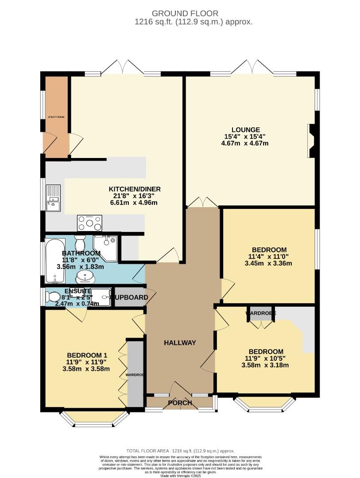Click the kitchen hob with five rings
pos(89,223)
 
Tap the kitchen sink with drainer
pos(53,198)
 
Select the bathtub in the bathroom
pos(54,261)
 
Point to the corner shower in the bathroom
pos(105,247)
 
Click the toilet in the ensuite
pos(54,297)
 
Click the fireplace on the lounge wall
pos(312,141)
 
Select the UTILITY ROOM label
pos(56,117)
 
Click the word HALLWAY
pos(179,343)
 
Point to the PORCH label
pos(180,403)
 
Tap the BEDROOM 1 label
pos(87,355)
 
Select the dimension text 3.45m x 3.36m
pos(269,263)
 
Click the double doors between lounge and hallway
pos(202,202)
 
